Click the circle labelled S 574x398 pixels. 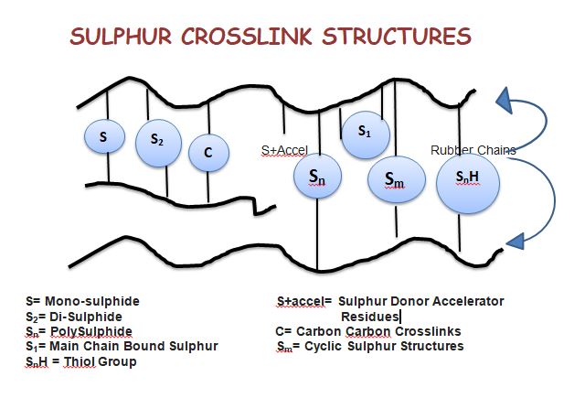point(103,136)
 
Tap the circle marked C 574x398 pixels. point(208,153)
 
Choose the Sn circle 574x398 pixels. point(315,176)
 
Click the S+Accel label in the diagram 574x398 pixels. point(284,150)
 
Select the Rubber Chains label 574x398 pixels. point(473,150)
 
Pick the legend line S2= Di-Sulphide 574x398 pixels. point(75,316)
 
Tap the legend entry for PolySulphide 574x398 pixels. point(79,331)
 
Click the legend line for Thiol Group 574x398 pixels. point(81,361)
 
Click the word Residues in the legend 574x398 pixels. point(369,316)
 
